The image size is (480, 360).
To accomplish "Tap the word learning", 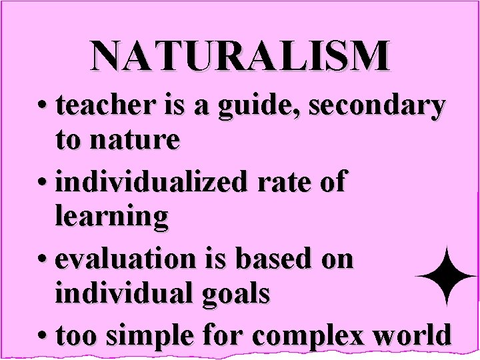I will click(111, 217).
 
